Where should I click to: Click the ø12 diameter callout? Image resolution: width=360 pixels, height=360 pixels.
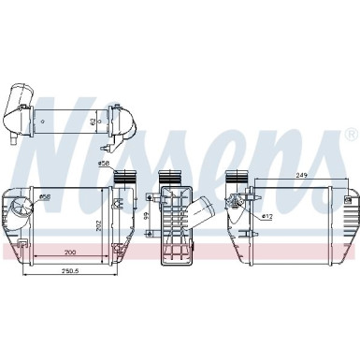[267, 217]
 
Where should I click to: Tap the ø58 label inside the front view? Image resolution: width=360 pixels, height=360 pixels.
[44, 196]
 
